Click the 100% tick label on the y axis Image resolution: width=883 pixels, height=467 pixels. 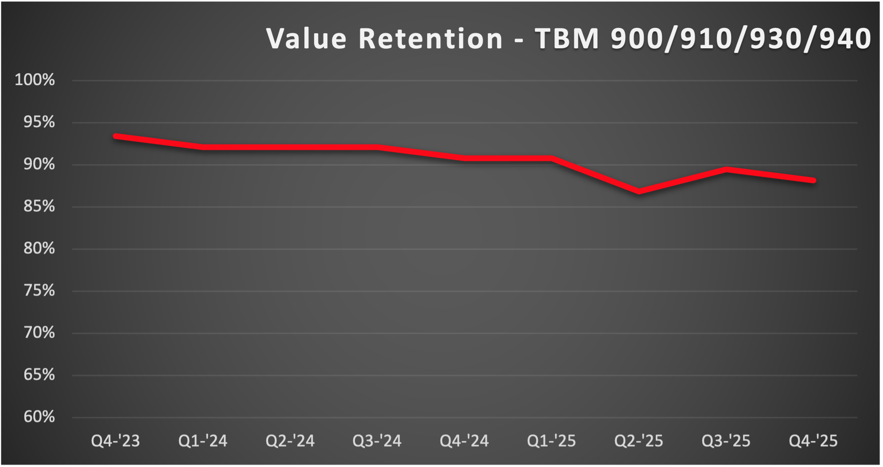pyautogui.click(x=35, y=80)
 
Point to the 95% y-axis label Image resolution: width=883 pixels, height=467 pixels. pyautogui.click(x=39, y=122)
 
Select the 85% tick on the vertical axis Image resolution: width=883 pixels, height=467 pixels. pyautogui.click(x=39, y=206)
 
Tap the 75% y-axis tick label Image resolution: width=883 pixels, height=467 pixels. pyautogui.click(x=39, y=291)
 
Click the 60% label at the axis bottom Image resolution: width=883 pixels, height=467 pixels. pyautogui.click(x=39, y=417)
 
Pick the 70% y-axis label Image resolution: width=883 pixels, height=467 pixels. pyautogui.click(x=39, y=333)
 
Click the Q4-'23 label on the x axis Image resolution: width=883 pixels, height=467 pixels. pyautogui.click(x=115, y=441)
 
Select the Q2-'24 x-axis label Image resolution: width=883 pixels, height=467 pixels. pyautogui.click(x=290, y=441)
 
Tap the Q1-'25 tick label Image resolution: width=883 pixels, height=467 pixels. pyautogui.click(x=551, y=441)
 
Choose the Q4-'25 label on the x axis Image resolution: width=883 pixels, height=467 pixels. pyautogui.click(x=813, y=441)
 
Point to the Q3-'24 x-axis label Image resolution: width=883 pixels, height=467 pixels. pyautogui.click(x=377, y=441)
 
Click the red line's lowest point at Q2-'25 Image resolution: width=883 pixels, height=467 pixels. pyautogui.click(x=639, y=191)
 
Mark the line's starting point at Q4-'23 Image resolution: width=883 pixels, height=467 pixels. pyautogui.click(x=116, y=136)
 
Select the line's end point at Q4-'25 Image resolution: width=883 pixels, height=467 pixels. pyautogui.click(x=813, y=180)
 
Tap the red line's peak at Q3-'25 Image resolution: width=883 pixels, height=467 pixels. pyautogui.click(x=726, y=170)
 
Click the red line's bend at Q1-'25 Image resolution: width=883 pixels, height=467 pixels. pyautogui.click(x=552, y=158)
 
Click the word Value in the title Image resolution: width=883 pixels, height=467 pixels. pyautogui.click(x=306, y=39)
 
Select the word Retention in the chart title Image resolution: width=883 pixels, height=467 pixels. pyautogui.click(x=430, y=39)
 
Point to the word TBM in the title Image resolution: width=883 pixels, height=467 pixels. pyautogui.click(x=567, y=39)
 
